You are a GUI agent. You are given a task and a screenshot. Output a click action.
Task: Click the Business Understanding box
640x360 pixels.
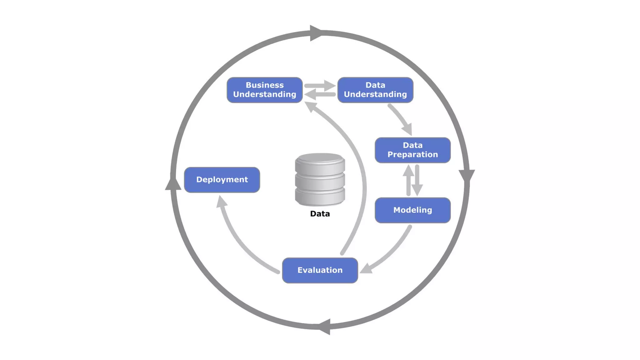pos(264,90)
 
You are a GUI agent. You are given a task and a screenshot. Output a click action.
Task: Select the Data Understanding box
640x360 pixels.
pos(375,90)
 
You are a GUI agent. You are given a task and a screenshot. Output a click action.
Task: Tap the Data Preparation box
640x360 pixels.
pos(412,150)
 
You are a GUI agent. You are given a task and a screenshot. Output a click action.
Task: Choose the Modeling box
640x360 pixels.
pos(412,210)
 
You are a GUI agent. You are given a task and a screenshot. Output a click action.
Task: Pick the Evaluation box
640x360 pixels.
pos(320,270)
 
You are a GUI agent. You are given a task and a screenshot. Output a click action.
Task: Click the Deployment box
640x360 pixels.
pos(222,180)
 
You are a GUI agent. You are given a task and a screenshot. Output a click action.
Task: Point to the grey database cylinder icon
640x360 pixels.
pos(320,179)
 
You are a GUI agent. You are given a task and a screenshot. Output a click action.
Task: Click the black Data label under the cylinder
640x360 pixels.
pos(320,214)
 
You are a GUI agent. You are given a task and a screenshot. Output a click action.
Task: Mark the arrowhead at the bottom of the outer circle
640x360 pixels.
pos(325,327)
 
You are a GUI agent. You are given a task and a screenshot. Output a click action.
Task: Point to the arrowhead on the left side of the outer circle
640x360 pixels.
pos(173,184)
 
